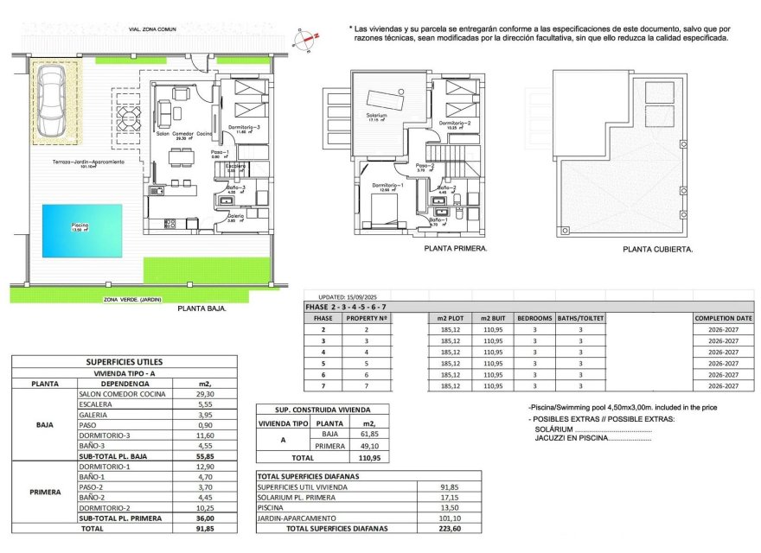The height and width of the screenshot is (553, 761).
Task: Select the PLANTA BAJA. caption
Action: click(x=202, y=308)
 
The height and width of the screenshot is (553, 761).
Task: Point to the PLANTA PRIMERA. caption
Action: click(x=456, y=248)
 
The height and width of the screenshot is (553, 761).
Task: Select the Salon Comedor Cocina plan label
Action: click(x=184, y=134)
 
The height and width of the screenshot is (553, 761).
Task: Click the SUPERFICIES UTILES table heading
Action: click(x=125, y=362)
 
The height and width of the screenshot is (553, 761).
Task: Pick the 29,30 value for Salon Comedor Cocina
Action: click(x=204, y=393)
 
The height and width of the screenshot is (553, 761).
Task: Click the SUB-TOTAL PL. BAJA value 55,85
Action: click(x=204, y=455)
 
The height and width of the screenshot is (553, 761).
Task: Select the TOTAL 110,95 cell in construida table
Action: click(x=369, y=457)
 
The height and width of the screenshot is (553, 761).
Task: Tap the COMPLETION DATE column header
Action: click(x=723, y=318)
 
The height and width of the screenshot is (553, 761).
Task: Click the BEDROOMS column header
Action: click(x=534, y=318)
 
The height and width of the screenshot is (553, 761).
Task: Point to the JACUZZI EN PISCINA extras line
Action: click(x=593, y=438)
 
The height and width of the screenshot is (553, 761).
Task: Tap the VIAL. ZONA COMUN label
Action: click(x=152, y=29)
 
